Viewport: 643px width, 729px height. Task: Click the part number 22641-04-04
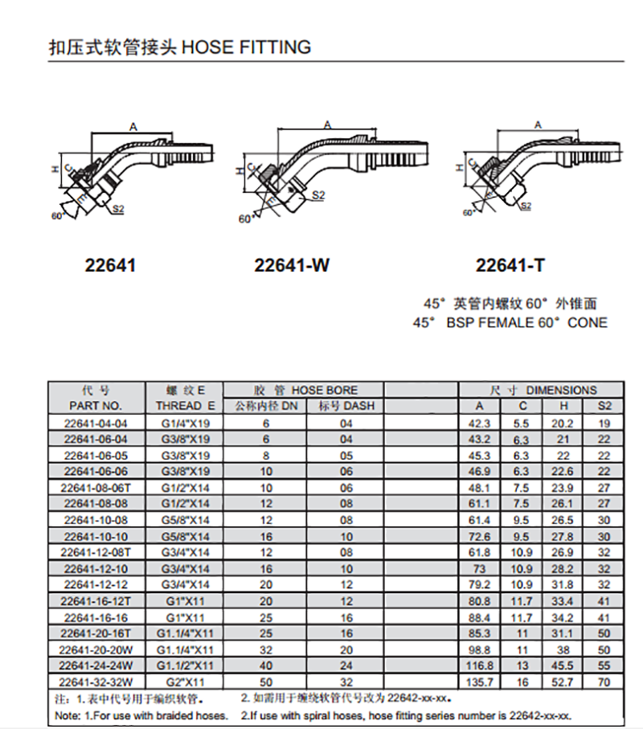[x=96, y=424]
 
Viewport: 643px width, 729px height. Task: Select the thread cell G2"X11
[x=185, y=682]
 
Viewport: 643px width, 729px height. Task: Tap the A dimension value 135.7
[x=479, y=682]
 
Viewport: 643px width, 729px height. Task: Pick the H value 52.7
[x=562, y=682]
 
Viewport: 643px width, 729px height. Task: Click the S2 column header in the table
[x=604, y=406]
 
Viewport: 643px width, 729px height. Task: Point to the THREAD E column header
[x=185, y=406]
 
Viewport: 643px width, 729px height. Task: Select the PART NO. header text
[x=96, y=406]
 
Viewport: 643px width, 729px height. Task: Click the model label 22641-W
[x=292, y=265]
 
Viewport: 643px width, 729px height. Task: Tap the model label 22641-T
[x=510, y=265]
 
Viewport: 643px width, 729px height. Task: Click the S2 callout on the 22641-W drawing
[x=318, y=195]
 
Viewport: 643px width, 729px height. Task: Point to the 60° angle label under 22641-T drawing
[x=469, y=212]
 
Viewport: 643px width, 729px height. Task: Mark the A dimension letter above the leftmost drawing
[x=133, y=127]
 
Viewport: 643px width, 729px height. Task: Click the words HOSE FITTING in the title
[x=247, y=47]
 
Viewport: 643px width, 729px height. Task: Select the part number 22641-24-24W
[x=96, y=666]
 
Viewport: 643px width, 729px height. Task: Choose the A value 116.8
[x=479, y=666]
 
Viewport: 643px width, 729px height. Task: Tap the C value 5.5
[x=521, y=424]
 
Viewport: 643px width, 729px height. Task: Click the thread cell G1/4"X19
[x=185, y=424]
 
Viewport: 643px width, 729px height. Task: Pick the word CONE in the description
[x=588, y=322]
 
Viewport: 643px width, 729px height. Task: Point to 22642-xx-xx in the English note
[x=540, y=715]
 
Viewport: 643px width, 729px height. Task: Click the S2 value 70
[x=604, y=682]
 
